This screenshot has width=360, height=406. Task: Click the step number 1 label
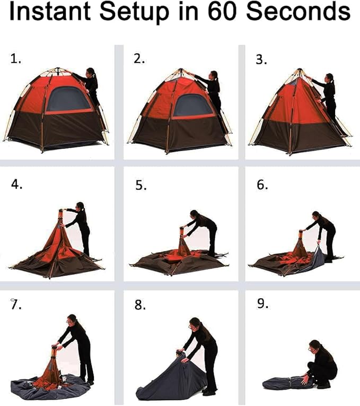[x=16, y=59]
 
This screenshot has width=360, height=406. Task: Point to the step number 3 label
[x=261, y=59]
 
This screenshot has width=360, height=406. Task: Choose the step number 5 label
[x=139, y=186]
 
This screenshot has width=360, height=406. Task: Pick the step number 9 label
[x=262, y=305]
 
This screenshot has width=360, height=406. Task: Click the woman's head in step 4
[x=80, y=206]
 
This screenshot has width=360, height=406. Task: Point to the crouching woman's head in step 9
[x=315, y=345]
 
